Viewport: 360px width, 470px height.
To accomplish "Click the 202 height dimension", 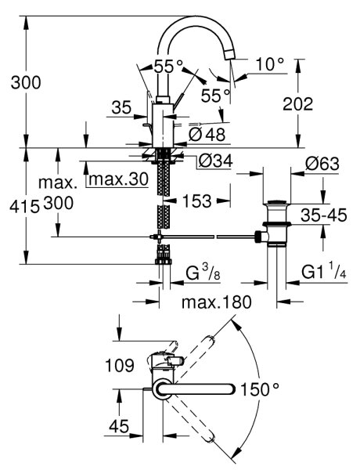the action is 297,104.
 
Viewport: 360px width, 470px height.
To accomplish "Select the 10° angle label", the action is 270,64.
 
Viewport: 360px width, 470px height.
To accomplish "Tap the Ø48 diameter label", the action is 207,135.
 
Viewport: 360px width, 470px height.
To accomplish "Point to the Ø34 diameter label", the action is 215,161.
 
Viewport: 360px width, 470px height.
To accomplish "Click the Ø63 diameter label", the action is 322,164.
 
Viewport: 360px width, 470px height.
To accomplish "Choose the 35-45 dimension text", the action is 324,215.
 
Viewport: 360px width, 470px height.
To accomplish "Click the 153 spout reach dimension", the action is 196,201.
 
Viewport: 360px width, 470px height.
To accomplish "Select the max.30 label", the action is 119,179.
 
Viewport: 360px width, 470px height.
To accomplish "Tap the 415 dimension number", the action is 24,207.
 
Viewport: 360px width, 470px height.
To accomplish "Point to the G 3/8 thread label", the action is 203,273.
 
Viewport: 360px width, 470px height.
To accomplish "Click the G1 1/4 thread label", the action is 324,271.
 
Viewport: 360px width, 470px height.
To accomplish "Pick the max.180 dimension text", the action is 216,302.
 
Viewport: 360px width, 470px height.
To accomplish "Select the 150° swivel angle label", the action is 260,390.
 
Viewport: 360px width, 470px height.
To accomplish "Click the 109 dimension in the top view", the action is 120,366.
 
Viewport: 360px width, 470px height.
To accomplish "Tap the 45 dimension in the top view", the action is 119,426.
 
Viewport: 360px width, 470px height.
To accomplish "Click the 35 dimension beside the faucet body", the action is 121,107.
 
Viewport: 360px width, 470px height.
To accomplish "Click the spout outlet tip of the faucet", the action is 230,55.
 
